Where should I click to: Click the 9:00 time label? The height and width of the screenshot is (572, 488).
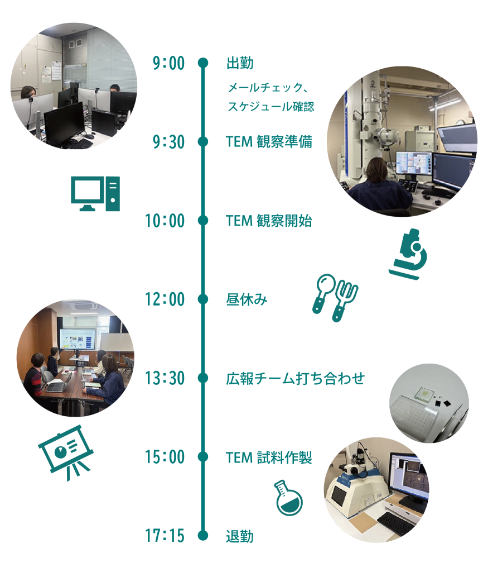[168, 64]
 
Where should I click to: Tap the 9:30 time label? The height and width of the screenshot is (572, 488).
[168, 142]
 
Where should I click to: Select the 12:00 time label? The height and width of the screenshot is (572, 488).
[165, 300]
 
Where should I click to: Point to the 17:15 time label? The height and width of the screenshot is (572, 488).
[165, 536]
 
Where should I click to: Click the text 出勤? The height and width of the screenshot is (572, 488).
[240, 64]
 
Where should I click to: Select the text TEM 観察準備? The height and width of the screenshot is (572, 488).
[269, 142]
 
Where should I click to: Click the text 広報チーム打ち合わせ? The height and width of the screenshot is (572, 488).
[295, 379]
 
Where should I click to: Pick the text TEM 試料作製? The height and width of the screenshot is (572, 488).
[269, 457]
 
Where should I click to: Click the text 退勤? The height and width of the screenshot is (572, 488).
[240, 536]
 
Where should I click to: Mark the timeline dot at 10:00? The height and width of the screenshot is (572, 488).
[203, 221]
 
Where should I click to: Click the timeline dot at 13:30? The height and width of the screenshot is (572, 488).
[203, 379]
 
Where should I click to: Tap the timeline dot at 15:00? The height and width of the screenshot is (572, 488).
[203, 457]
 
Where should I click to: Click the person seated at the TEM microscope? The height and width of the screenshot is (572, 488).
[380, 188]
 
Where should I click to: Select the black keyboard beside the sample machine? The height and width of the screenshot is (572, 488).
[397, 523]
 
